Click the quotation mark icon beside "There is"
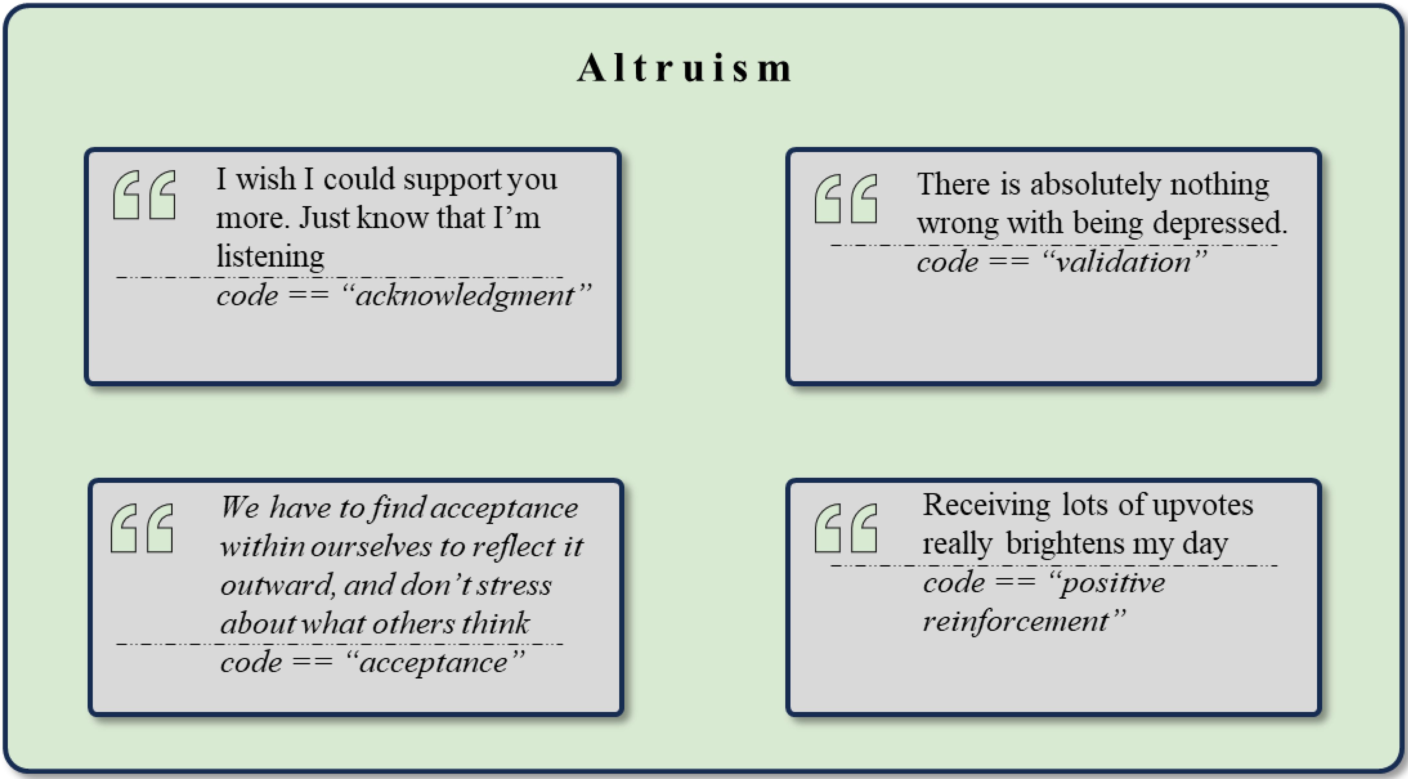846,198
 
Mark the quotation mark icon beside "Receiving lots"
846,528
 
